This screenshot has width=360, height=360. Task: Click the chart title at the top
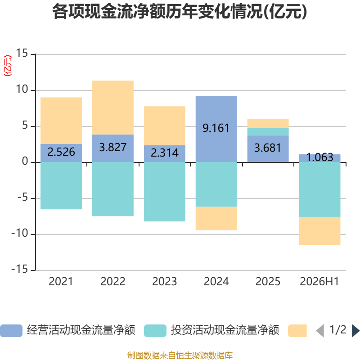coord(180,12)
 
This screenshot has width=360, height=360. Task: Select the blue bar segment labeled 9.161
coord(216,129)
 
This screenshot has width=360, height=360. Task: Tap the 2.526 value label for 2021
coord(61,152)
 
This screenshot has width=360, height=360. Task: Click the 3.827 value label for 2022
coord(113,147)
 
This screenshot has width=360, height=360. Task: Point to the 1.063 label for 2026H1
coord(319,157)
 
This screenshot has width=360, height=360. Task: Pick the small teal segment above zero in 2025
coord(268,131)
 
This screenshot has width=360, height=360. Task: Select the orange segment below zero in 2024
coord(216,218)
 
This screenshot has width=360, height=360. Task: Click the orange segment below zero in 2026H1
coord(319,231)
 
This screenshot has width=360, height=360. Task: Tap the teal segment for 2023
coord(165,192)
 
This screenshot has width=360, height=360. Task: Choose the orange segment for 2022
coord(113,108)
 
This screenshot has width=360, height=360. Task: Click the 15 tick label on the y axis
coord(22,53)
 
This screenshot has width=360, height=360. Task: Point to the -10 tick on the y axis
coord(20,234)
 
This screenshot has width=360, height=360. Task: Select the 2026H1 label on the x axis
coord(319,282)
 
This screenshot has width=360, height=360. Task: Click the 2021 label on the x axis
coord(61,282)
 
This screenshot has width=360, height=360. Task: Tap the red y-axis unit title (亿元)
coord(8,66)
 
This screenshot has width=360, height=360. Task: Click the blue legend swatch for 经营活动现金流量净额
coord(11,331)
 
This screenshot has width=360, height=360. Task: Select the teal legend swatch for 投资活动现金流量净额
coord(155,331)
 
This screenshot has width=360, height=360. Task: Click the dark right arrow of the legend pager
coord(355,331)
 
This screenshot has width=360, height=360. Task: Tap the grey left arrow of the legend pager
coord(320,331)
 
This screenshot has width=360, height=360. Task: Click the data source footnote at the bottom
coord(180,355)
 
